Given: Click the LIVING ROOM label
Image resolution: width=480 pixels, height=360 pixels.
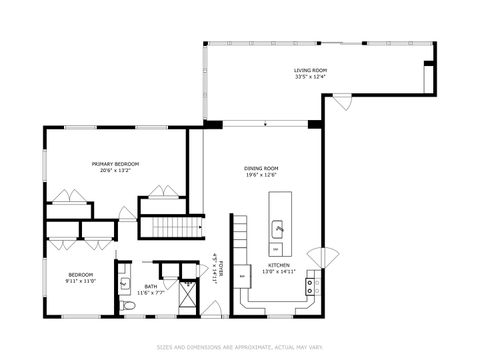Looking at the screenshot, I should point(310,70).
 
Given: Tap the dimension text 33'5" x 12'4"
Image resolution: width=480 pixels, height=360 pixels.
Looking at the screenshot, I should point(310,77).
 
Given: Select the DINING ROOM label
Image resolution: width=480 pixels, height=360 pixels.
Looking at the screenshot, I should point(261,168).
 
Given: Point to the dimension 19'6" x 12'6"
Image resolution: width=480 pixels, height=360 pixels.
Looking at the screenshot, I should point(261,175).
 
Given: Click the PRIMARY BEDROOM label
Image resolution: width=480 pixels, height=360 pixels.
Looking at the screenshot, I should point(115,164).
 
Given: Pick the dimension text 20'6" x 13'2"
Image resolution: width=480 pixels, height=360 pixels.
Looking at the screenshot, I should point(115,171).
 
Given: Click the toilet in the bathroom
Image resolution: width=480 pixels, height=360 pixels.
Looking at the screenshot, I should point(128,305).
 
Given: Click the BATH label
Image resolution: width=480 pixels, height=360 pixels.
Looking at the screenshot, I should point(150,286).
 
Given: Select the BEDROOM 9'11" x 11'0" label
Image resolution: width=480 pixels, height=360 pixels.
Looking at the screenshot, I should point(80,277).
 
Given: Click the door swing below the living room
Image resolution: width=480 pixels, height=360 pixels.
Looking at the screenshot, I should point(343,101).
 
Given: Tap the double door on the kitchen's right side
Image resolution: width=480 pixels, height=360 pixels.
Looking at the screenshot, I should point(318,258).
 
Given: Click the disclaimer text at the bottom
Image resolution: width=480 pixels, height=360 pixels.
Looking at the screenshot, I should point(240,347).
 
